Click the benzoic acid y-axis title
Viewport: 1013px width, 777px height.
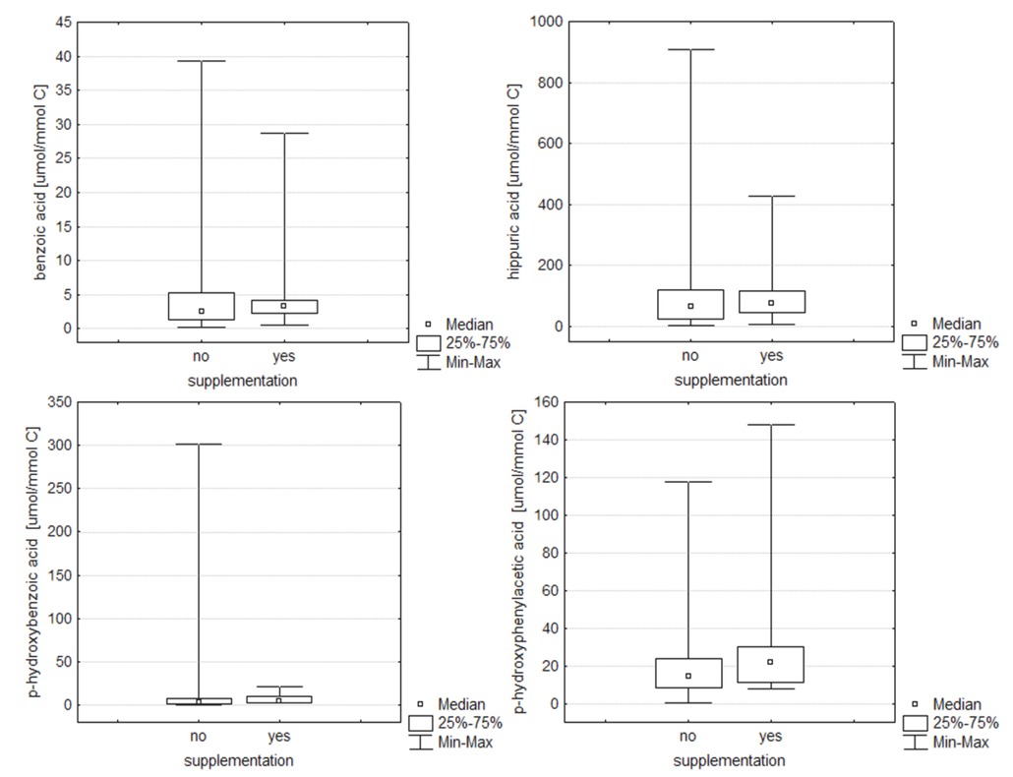[x=40, y=184]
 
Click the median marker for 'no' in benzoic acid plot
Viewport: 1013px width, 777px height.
[x=202, y=311]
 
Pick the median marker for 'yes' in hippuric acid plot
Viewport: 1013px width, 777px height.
[x=771, y=303]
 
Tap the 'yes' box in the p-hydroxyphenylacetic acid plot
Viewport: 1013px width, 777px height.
[x=771, y=665]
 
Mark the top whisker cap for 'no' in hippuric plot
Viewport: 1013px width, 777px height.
[x=689, y=49]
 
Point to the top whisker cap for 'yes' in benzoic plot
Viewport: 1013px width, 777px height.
[x=284, y=133]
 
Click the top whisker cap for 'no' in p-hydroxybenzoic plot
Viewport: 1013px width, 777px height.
[x=199, y=444]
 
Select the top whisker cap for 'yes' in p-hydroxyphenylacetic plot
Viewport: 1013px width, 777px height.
[x=771, y=425]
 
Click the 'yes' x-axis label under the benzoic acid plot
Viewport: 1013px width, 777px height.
[x=284, y=356]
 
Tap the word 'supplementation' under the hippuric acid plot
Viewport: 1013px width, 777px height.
[x=730, y=380]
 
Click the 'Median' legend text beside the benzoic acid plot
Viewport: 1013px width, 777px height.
[x=469, y=324]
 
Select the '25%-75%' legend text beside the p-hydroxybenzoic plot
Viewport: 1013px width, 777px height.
[x=470, y=723]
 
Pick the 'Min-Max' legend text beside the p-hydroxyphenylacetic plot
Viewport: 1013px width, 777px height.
[x=960, y=743]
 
